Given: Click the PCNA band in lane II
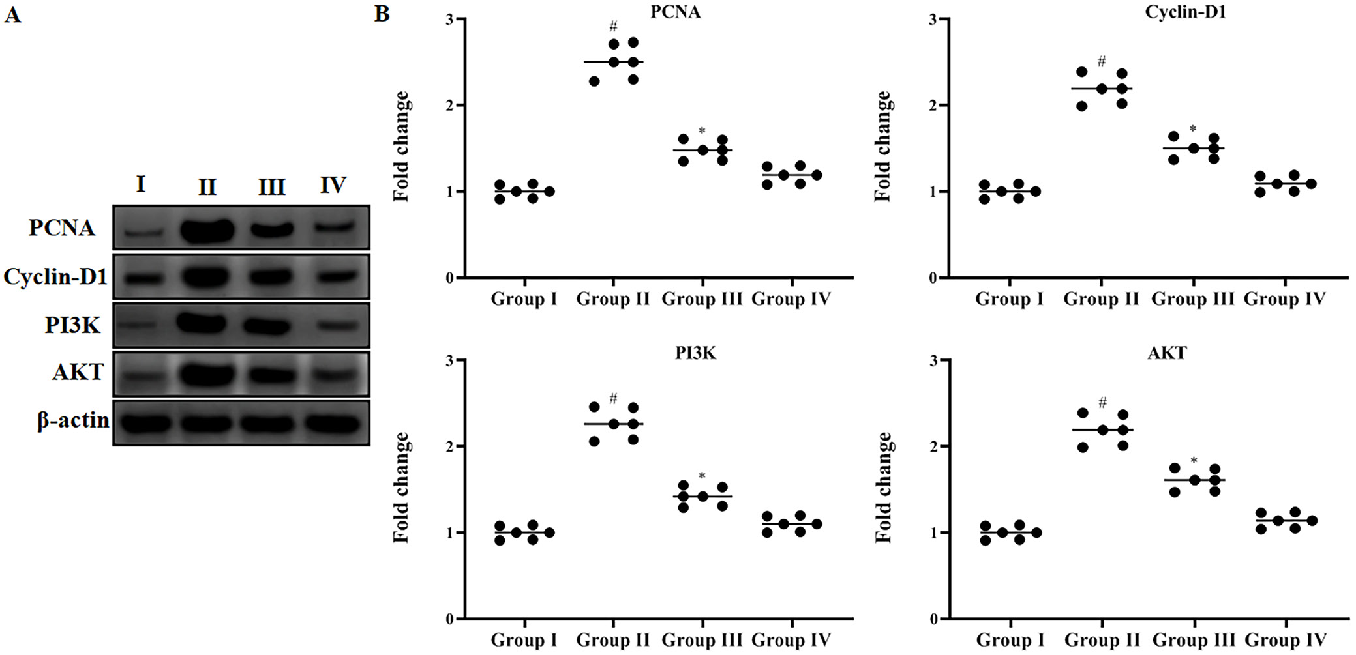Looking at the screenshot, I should coord(207,229).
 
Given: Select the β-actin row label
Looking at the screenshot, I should coord(73,421).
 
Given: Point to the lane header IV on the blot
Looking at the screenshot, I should coord(333,185).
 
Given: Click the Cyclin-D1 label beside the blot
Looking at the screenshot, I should coord(55,277).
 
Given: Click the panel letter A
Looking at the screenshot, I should coord(12,14).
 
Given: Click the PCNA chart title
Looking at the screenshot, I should coord(675,12).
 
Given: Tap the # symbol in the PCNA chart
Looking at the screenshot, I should coord(613,27).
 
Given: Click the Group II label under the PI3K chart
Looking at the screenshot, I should coord(613,640).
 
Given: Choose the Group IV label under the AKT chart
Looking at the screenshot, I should coord(1286,640).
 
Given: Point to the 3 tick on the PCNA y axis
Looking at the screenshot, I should coord(450,20).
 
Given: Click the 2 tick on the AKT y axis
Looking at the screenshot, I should coord(934,446).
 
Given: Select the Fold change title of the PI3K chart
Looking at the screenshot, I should coord(402,487).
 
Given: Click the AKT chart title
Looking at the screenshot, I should coord(1167,353).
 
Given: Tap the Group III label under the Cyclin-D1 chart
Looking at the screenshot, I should coord(1193,299).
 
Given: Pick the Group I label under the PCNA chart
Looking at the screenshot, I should coord(524,299).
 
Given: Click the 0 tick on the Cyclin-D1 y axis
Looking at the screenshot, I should coord(934,278).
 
